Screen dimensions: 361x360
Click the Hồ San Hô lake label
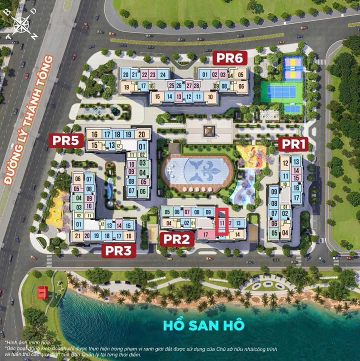click(203, 324)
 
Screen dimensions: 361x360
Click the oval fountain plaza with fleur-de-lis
click(198, 171)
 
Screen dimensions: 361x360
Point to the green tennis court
click(281, 91)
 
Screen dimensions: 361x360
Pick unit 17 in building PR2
click(205, 234)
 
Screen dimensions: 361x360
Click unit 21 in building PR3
click(77, 236)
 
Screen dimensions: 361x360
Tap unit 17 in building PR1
click(296, 197)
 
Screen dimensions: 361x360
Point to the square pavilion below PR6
click(209, 131)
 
